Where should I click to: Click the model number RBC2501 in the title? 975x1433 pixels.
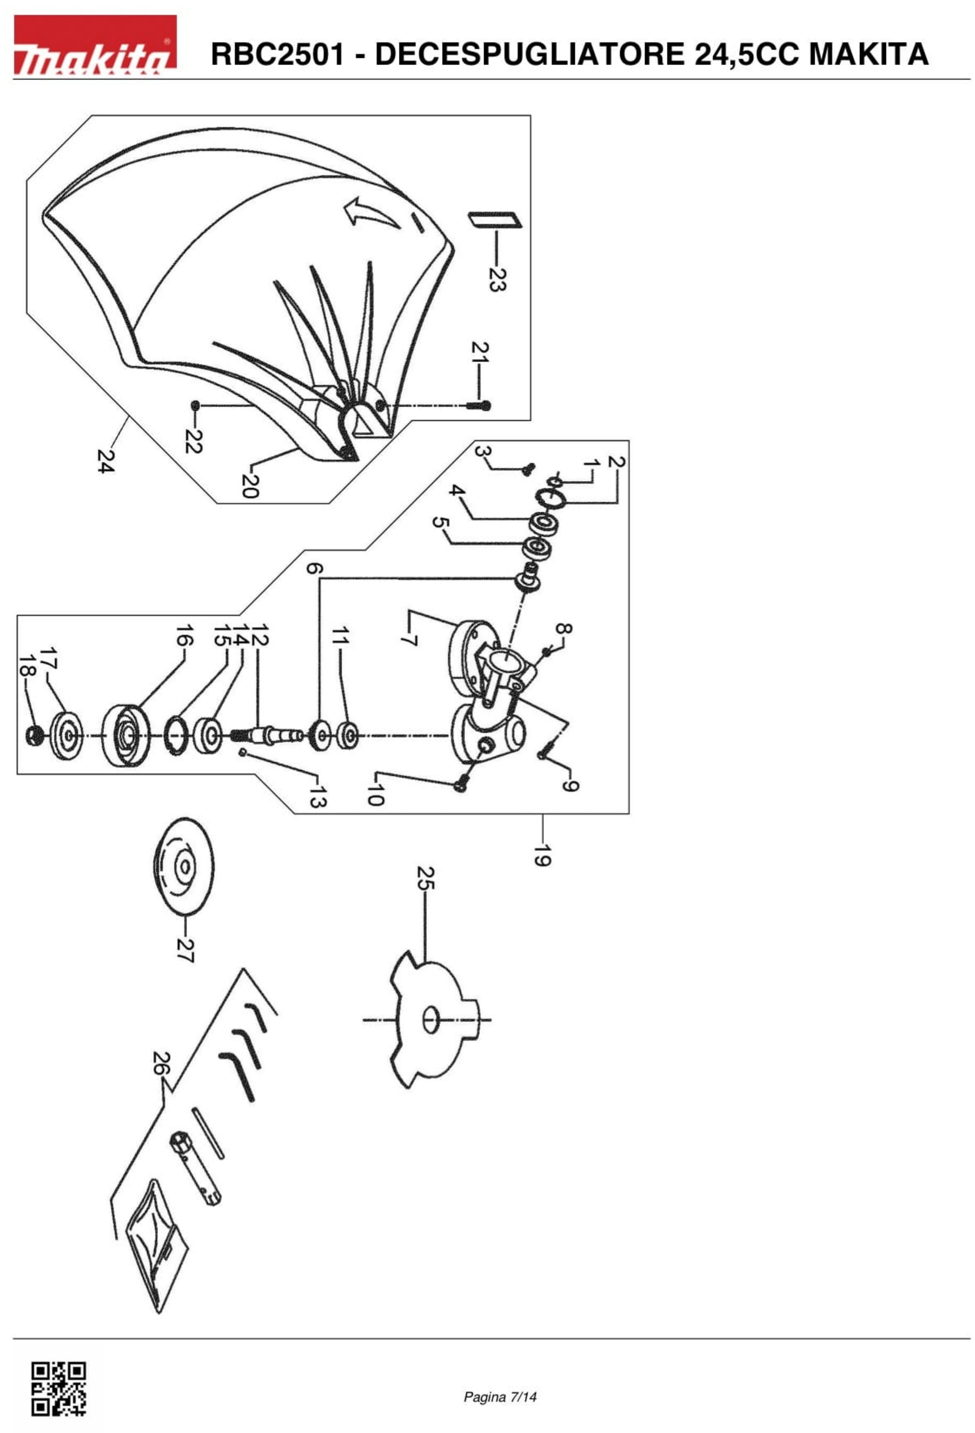click(277, 54)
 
